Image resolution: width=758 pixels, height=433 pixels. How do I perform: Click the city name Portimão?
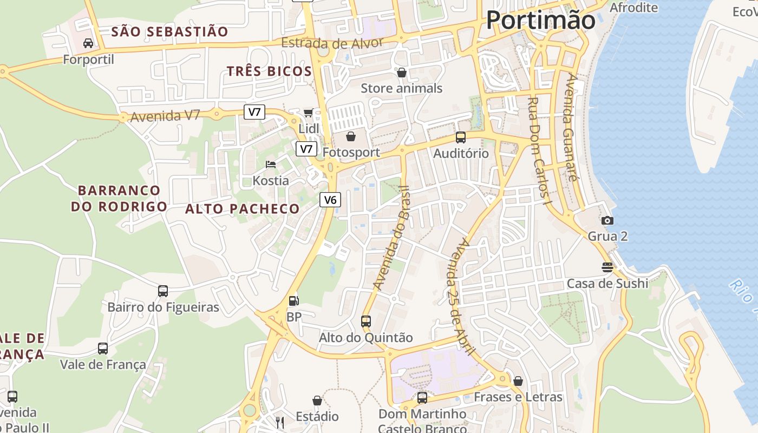click(540, 20)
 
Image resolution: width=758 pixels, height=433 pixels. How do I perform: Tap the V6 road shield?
click(330, 200)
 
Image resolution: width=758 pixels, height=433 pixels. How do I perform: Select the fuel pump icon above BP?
click(293, 300)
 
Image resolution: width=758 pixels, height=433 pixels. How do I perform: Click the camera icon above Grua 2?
click(607, 220)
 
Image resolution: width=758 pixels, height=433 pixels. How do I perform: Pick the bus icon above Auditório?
click(461, 137)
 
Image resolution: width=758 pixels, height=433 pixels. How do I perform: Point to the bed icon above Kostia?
click(271, 164)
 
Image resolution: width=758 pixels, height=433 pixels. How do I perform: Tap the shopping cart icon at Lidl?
click(309, 113)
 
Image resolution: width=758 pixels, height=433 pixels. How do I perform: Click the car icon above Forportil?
click(88, 43)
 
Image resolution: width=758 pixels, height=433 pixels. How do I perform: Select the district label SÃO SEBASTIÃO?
click(169, 31)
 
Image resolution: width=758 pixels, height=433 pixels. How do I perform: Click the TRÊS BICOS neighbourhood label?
click(269, 71)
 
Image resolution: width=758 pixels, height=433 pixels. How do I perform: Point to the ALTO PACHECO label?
click(242, 209)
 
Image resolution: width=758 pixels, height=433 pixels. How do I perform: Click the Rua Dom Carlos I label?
click(539, 150)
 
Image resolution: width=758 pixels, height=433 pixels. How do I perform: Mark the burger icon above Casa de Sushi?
click(607, 267)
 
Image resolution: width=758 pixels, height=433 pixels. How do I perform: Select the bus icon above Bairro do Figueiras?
click(163, 291)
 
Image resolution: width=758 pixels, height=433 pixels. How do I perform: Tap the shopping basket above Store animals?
click(402, 72)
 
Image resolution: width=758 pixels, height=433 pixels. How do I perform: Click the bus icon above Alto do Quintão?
click(366, 321)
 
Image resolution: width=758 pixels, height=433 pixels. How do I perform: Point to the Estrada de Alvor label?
click(332, 44)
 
